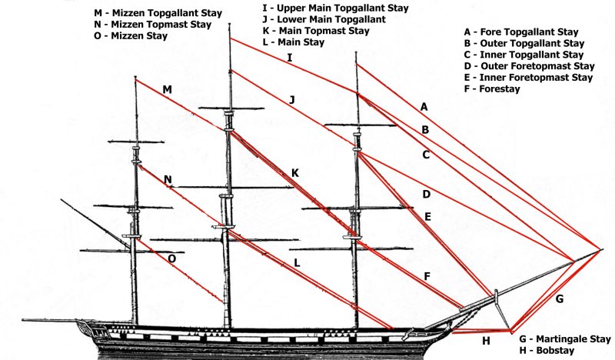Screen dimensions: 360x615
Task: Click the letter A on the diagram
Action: [x=424, y=105]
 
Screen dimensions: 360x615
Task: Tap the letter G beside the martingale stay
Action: [x=559, y=298]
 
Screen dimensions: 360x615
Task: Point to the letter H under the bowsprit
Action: [x=485, y=341]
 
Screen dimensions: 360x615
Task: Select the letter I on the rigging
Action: [x=290, y=58]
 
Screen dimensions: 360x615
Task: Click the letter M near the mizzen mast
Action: [x=167, y=90]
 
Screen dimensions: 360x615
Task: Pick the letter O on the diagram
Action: [x=171, y=259]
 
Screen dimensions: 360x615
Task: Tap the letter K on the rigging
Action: [x=294, y=173]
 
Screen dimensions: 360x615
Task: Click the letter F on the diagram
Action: [x=427, y=276]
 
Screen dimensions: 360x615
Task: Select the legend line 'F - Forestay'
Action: [x=492, y=89]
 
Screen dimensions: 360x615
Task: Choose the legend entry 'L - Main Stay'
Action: [x=292, y=42]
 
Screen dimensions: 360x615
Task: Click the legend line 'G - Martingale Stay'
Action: [x=564, y=338]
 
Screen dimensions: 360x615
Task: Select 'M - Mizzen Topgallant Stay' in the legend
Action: [x=158, y=12]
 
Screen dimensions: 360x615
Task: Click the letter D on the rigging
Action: [x=426, y=194]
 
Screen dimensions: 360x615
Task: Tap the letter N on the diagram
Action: [x=168, y=180]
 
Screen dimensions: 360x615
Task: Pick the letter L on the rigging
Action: [x=296, y=263]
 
